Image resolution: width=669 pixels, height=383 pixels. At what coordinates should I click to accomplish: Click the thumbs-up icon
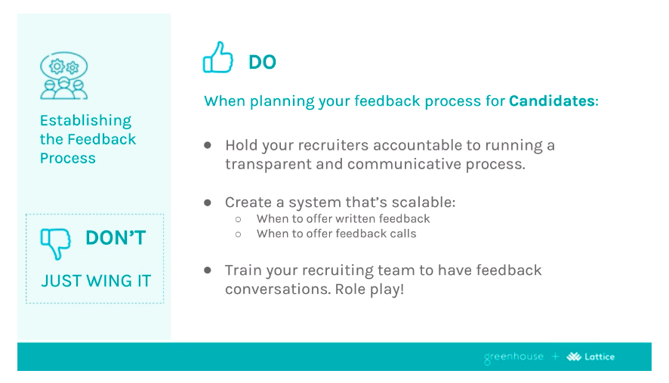(217, 58)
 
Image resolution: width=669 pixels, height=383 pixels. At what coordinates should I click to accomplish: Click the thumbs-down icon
(55, 242)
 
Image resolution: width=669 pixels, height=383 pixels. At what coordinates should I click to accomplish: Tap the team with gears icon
(63, 76)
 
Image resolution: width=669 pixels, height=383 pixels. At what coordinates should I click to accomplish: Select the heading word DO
(262, 63)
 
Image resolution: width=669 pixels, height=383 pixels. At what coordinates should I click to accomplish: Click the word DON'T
(116, 238)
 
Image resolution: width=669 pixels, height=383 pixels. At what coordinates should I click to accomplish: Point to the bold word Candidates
(551, 101)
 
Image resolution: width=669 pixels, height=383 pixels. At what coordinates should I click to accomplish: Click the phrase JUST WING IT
(96, 281)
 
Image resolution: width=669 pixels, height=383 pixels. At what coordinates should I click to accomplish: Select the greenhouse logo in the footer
(513, 357)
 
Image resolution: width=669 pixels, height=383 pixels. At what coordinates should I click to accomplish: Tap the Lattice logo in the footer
(590, 357)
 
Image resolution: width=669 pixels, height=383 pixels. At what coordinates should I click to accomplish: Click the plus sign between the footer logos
(555, 357)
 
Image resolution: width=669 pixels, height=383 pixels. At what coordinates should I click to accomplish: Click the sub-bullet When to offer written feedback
(343, 219)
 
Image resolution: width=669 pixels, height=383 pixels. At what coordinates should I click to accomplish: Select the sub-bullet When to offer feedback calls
(336, 234)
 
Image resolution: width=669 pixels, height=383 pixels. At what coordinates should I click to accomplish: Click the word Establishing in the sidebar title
(85, 121)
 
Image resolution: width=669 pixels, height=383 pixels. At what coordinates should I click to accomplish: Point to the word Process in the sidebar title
(68, 159)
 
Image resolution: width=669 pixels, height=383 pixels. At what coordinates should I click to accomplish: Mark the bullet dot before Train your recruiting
(208, 270)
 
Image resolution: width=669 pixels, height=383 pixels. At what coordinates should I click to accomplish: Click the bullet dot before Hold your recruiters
(208, 144)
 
